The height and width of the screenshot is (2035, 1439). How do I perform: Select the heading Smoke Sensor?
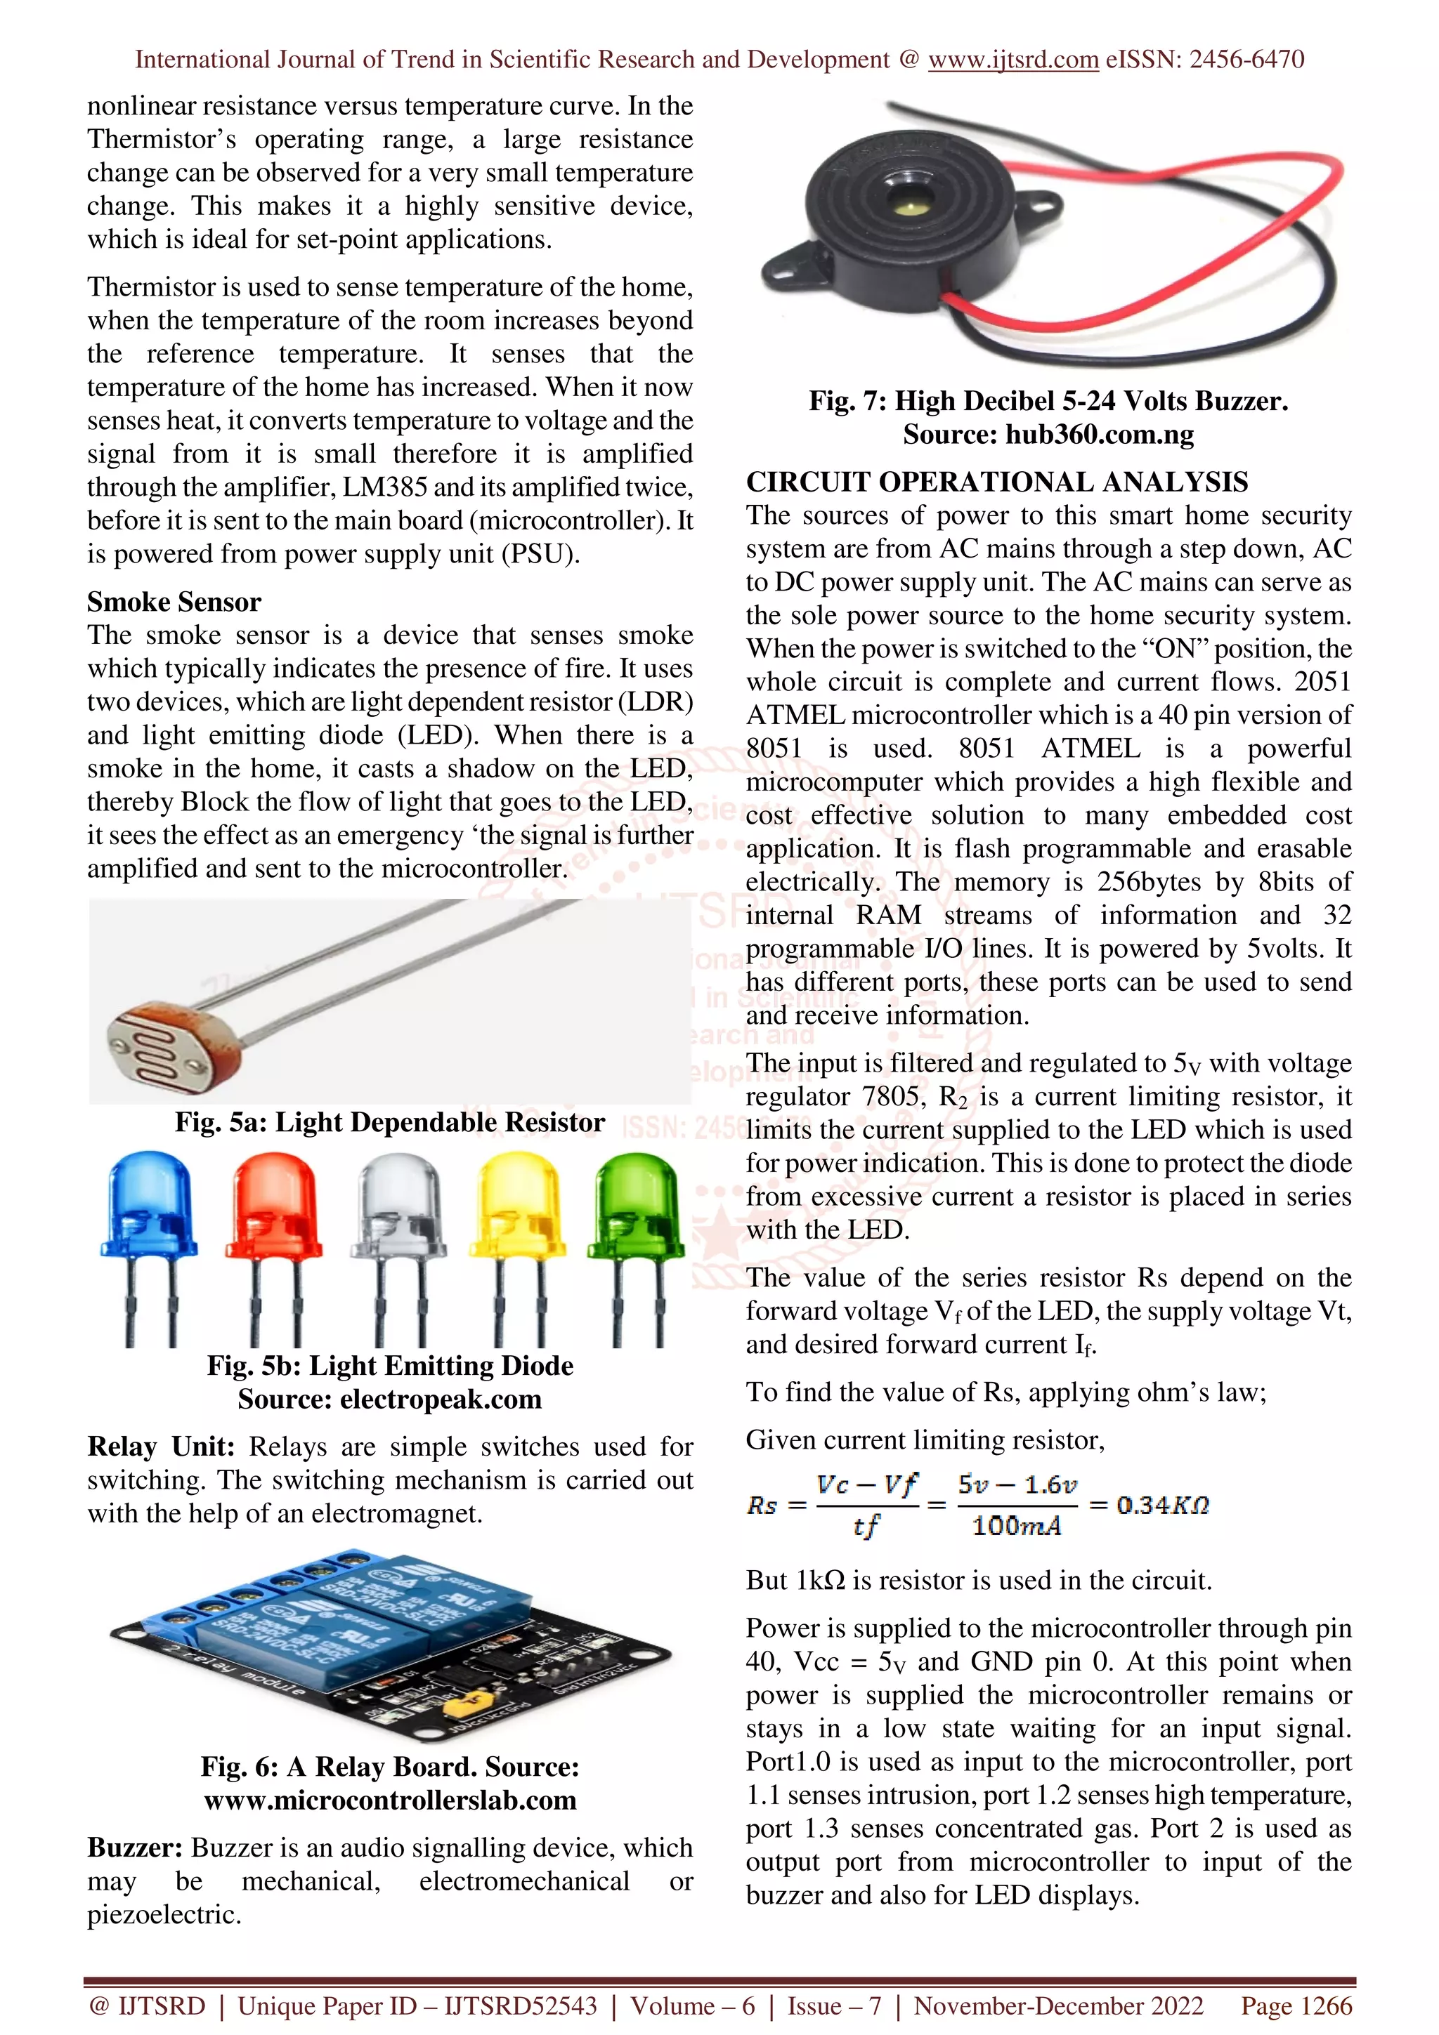(x=174, y=602)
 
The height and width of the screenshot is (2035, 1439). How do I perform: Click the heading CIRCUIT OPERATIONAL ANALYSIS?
(x=996, y=482)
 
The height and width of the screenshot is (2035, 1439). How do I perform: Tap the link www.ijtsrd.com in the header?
(x=1013, y=60)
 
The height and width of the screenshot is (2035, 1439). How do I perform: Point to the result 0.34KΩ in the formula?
(x=1161, y=1504)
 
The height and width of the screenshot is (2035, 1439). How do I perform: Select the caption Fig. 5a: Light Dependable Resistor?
(x=389, y=1122)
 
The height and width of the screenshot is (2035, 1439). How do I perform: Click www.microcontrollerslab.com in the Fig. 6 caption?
(x=390, y=1800)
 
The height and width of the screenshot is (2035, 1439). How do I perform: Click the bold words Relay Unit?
(x=160, y=1447)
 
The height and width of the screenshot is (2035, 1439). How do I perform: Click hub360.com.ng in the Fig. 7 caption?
(x=1100, y=434)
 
